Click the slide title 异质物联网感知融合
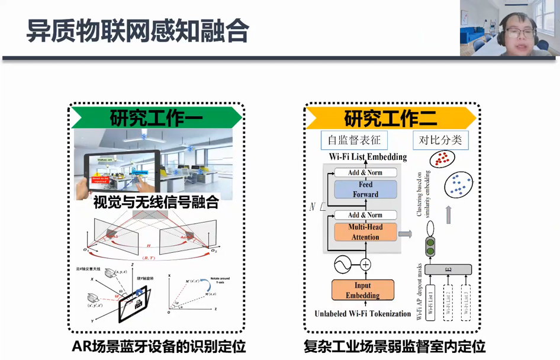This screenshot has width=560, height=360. click(137, 30)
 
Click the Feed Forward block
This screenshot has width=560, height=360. click(365, 189)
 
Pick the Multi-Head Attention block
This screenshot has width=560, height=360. click(365, 232)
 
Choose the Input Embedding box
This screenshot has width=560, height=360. click(363, 290)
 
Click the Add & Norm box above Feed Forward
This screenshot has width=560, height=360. click(365, 172)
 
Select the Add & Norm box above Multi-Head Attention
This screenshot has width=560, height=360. click(365, 215)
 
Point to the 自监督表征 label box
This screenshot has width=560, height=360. click(354, 140)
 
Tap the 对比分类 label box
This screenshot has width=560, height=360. click(440, 140)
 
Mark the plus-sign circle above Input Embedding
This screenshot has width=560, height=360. click(366, 265)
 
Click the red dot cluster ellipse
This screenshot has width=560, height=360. click(442, 159)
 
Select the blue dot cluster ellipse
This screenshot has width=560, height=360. click(459, 185)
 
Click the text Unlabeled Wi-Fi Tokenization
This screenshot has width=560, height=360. click(363, 314)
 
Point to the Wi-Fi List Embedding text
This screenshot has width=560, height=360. click(368, 157)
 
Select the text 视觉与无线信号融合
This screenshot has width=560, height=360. click(156, 202)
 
